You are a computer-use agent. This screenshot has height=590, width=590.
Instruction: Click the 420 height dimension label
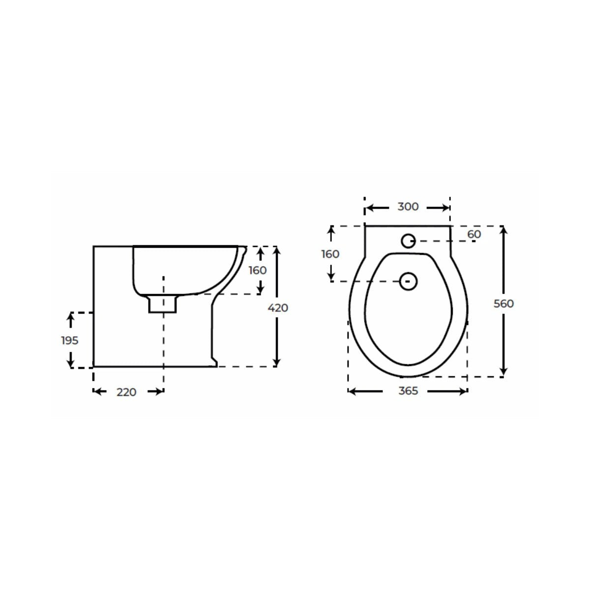point(278,308)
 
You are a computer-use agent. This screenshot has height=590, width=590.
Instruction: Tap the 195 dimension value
point(70,340)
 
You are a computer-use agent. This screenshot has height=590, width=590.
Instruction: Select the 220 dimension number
point(126,392)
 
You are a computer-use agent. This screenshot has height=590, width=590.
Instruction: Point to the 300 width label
point(408,207)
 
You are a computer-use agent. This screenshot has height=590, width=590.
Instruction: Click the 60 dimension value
point(474,235)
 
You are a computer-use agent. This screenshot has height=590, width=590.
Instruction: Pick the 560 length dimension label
point(503,304)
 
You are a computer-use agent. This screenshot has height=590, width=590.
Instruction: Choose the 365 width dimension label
point(408,391)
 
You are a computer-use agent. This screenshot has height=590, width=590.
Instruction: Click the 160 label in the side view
point(258,270)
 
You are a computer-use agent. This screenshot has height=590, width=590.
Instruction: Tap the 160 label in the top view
point(330,254)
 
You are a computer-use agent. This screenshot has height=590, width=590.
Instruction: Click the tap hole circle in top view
point(408,241)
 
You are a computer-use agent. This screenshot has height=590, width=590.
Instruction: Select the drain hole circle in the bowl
point(408,281)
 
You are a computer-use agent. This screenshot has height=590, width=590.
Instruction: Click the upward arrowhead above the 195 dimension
point(71,318)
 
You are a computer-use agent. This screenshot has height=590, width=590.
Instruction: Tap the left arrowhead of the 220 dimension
point(97,391)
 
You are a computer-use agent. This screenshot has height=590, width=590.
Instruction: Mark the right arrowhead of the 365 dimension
point(463,391)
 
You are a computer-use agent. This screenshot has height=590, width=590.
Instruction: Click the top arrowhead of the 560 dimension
point(503,230)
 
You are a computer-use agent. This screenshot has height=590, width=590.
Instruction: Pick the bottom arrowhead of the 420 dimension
point(278,362)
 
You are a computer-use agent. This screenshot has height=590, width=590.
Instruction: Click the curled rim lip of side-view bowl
point(243,250)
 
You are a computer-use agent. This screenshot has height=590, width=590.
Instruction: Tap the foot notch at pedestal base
point(214,362)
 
